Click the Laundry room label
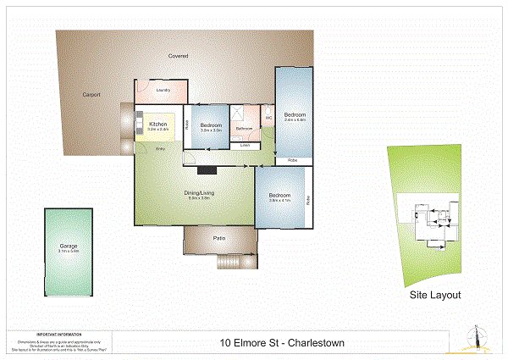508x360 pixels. [x=164, y=90]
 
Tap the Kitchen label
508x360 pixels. [x=158, y=124]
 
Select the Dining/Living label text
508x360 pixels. [x=200, y=193]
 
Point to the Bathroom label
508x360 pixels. [x=245, y=128]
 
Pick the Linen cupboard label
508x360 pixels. [x=245, y=146]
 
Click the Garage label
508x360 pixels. [x=69, y=246]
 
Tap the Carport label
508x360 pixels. [x=91, y=94]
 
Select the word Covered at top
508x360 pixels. [x=178, y=56]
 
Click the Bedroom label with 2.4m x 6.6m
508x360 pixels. [x=295, y=114]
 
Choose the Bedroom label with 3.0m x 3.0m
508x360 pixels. [x=211, y=125]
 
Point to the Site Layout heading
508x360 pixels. [x=435, y=296]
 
